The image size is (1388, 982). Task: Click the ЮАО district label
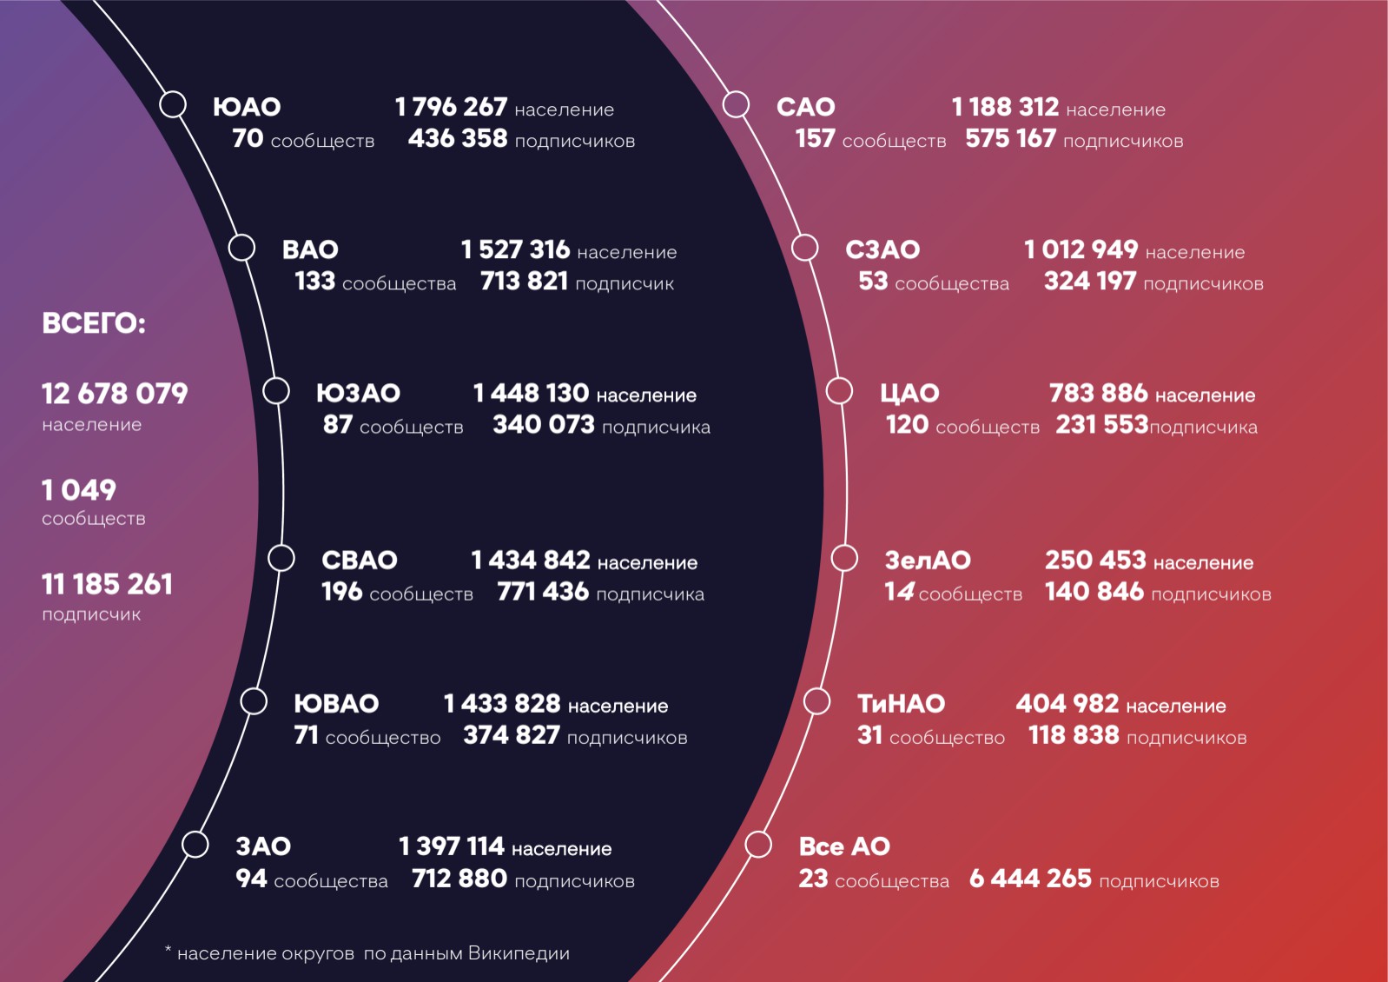[247, 107]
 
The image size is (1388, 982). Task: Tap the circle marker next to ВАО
[241, 248]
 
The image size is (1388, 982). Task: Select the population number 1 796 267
[451, 107]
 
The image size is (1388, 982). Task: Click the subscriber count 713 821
[524, 282]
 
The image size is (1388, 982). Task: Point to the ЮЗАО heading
[358, 394]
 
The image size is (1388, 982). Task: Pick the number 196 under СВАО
[341, 592]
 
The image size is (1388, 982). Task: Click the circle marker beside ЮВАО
[254, 701]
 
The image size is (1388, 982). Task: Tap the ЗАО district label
[263, 846]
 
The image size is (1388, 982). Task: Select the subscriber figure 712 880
[459, 879]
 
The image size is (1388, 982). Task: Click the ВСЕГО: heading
[94, 324]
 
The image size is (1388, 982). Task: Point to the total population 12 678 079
[115, 394]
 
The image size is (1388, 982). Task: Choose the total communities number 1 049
[79, 490]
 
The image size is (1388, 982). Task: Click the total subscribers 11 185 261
[108, 584]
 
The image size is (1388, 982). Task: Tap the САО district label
[805, 107]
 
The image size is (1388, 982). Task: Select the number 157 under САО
[815, 139]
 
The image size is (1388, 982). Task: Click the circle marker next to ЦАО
[839, 391]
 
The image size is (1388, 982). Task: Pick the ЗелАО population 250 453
[1095, 561]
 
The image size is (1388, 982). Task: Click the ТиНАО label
[901, 704]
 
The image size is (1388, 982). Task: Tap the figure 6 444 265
[1030, 879]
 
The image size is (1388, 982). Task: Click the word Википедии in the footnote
[519, 953]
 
